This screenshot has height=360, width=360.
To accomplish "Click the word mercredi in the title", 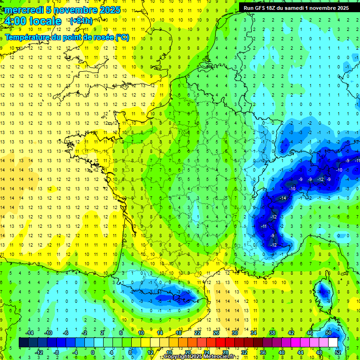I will coord(24,10).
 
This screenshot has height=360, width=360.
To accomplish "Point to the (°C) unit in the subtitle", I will coord(122,37).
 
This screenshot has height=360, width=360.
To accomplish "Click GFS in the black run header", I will coord(262,8).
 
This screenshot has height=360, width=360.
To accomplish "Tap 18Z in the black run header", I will coord(275,8).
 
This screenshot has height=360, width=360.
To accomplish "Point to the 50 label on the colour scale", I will coord(329,333).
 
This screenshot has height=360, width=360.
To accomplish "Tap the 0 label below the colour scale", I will coord(93,352).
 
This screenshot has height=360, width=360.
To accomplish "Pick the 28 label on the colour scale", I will coord(225,352).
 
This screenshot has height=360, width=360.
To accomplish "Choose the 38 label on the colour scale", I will coord(272,333).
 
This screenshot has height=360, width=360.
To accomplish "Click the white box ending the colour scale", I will coord(333,343).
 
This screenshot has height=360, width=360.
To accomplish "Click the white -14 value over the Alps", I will coord(283,198).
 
